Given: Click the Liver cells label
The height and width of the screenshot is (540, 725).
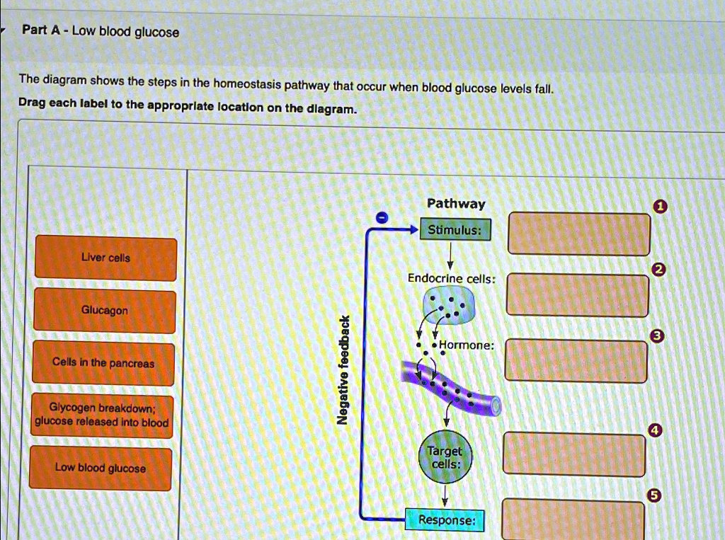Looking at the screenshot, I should click(106, 258).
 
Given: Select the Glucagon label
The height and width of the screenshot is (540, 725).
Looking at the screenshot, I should click(105, 311).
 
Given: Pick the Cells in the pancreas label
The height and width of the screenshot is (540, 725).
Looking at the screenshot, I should click(103, 363).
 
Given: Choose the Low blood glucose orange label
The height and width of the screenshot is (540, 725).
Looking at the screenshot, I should click(101, 469).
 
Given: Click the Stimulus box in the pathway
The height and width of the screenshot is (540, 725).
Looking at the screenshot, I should click(455, 230).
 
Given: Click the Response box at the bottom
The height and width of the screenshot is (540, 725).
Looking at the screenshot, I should click(445, 520).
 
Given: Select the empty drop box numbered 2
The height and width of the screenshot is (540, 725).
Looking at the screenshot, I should click(577, 295).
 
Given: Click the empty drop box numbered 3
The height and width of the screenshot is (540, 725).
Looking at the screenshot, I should click(576, 361).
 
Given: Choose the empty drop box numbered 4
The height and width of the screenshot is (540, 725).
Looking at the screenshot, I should click(574, 455).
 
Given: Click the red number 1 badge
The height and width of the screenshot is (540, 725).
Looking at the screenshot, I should click(660, 207).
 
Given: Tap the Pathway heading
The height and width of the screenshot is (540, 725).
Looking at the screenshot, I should click(456, 204).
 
